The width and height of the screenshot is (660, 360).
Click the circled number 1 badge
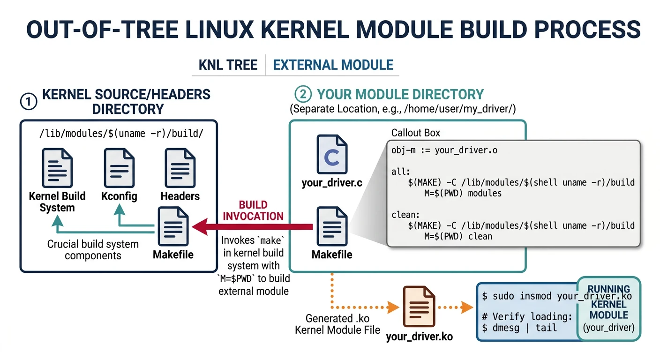29,101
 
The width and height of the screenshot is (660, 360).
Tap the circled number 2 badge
303,94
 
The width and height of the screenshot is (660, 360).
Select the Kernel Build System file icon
57,167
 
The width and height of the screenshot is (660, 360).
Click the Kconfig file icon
119,167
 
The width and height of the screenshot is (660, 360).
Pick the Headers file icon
180,167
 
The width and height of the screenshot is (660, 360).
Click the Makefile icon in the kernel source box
173,227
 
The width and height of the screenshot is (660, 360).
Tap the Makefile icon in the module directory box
332,227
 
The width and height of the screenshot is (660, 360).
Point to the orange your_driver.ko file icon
419,307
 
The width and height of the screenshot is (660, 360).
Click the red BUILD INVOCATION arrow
253,227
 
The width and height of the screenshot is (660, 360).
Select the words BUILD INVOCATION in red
253,210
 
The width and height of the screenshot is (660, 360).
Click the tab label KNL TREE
228,65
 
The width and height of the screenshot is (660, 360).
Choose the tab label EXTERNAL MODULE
333,65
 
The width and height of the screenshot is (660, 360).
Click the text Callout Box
416,133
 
